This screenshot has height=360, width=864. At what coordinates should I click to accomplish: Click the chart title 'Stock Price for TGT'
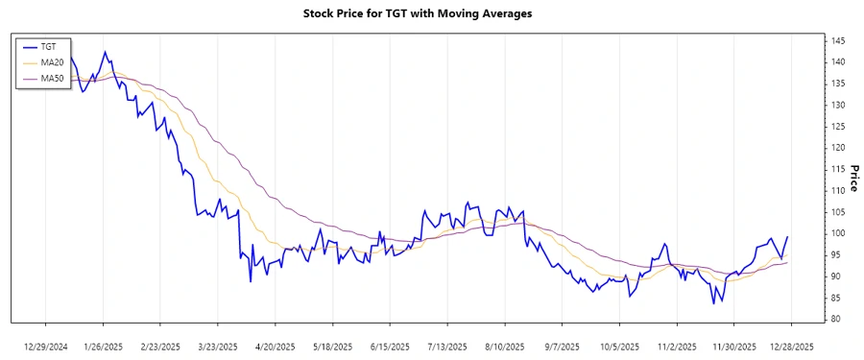tap(431, 14)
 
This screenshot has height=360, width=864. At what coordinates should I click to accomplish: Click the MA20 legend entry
tap(53, 62)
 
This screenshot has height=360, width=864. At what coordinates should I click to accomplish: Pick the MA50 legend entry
tap(53, 79)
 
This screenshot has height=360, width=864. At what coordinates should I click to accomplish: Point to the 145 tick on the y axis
tap(838, 40)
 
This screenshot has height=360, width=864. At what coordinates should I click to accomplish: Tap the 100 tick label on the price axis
tap(838, 233)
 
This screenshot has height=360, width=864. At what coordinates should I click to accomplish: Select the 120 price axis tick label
tap(838, 148)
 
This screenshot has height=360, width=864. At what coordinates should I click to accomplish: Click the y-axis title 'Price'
tap(853, 178)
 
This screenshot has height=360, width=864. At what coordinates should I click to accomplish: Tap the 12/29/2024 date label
tap(46, 346)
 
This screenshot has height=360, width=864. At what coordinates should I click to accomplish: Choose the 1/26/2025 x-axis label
tap(103, 346)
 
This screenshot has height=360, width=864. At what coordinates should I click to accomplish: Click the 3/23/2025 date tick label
tap(217, 346)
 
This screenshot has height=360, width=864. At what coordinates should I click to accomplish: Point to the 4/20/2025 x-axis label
tap(275, 346)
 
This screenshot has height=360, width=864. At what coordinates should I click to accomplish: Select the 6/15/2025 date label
tap(389, 346)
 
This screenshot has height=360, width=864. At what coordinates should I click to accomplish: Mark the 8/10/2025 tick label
tap(504, 346)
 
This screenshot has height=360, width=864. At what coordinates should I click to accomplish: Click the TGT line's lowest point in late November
tap(713, 303)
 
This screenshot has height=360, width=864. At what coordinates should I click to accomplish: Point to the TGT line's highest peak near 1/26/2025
tap(105, 52)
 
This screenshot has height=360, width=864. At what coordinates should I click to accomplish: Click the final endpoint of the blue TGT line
tap(788, 236)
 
